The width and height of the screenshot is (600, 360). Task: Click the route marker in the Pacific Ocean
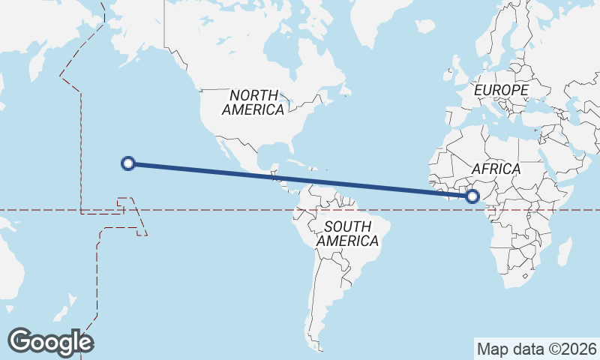click(x=128, y=163)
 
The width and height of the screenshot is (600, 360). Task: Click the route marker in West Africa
click(x=472, y=196)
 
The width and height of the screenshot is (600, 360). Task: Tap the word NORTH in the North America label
click(x=253, y=95)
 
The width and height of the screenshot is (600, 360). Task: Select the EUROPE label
click(x=502, y=90)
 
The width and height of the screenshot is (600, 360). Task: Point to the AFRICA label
click(x=496, y=169)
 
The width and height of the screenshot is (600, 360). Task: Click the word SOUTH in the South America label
click(x=347, y=226)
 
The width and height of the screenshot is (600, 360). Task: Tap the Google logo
click(x=50, y=341)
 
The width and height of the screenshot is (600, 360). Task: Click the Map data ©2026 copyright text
click(x=536, y=349)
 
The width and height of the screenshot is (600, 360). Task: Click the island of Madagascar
click(x=565, y=250)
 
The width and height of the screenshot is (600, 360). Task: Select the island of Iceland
click(x=425, y=26)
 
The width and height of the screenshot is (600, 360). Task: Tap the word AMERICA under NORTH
click(x=253, y=109)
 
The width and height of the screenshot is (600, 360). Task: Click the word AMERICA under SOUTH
click(x=347, y=241)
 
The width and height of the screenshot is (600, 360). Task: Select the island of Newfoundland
click(x=346, y=91)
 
